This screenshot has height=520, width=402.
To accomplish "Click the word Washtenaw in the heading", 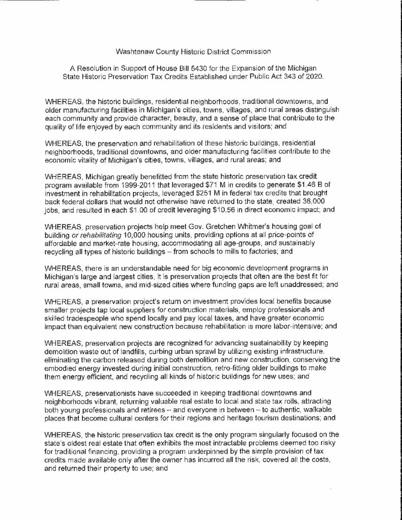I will pyautogui.click(x=133, y=51).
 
